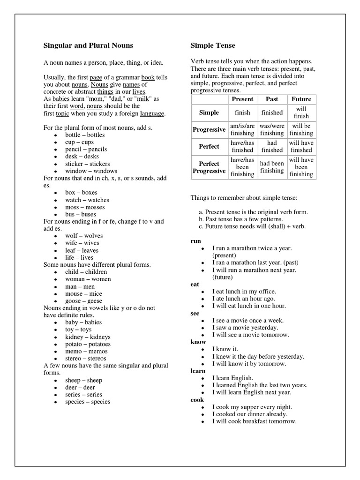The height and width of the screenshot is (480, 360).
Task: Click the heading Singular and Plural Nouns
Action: (x=88, y=45)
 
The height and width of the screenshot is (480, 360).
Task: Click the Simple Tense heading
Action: (x=213, y=45)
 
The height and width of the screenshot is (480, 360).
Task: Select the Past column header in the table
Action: (x=272, y=99)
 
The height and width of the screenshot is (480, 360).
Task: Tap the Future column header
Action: (x=301, y=99)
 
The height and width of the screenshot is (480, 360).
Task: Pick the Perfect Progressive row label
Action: (x=209, y=167)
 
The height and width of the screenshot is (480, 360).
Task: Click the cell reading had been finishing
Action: (x=272, y=167)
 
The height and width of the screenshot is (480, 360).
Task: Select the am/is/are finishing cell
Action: (x=242, y=130)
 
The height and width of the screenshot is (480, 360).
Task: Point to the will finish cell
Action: (x=301, y=112)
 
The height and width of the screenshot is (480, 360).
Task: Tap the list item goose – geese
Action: (x=83, y=301)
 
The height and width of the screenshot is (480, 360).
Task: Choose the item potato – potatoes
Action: (x=88, y=344)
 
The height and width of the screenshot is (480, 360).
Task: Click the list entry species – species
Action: (x=88, y=402)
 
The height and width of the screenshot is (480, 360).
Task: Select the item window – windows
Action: (x=91, y=171)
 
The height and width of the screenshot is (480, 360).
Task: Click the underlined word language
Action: (x=152, y=113)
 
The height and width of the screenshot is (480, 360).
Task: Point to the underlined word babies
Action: (x=61, y=99)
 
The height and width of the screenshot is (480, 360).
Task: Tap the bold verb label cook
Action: (x=197, y=400)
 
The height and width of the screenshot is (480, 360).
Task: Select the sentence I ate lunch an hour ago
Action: (x=243, y=299)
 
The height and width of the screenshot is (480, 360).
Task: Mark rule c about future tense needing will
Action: (x=252, y=226)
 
